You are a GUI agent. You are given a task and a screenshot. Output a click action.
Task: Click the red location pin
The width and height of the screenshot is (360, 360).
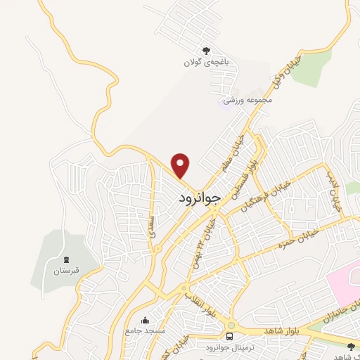tap(181, 165)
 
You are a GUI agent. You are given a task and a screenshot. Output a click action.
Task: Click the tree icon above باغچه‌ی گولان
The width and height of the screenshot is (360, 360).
tap(206, 50)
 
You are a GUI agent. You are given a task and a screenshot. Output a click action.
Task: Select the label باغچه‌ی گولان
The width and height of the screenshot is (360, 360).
tap(206, 62)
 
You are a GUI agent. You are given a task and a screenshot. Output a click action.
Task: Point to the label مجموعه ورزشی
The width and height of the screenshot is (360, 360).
tap(247, 101)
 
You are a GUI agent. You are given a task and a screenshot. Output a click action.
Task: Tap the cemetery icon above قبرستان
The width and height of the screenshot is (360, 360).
tap(66, 259)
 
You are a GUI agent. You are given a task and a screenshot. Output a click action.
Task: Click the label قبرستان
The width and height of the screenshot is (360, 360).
tap(66, 271)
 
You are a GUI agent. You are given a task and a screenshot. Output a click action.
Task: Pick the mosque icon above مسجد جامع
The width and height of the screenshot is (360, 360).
tap(146, 321)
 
